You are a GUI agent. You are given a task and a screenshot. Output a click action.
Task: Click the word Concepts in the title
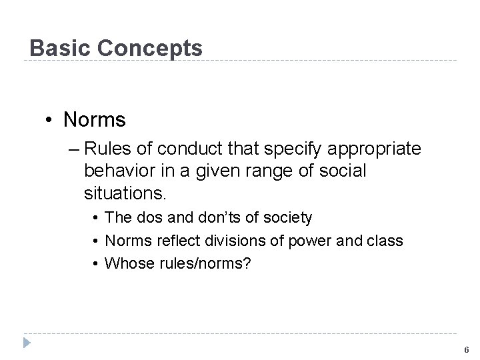pos(151,48)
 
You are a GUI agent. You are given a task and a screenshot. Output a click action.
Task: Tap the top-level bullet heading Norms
pos(94,120)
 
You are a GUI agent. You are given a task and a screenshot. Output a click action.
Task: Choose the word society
pos(288,218)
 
